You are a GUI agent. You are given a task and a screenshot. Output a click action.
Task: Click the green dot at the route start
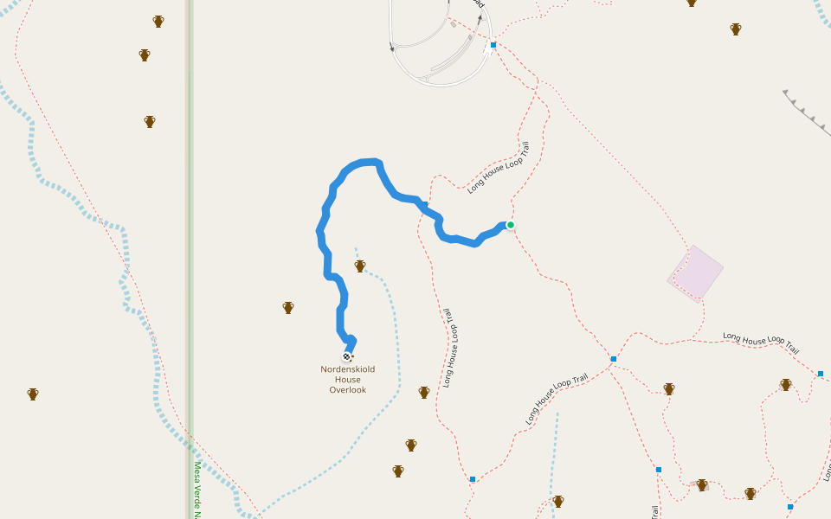tap(511, 225)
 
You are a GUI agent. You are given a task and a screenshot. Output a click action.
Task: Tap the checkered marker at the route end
tap(347, 356)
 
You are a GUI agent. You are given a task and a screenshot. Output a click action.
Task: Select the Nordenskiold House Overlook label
tap(348, 380)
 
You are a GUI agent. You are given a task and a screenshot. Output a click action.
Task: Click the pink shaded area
tap(695, 272)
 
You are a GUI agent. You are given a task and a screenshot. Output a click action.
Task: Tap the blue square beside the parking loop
tap(493, 44)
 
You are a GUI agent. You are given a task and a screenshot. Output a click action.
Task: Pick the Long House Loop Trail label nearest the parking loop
tap(498, 168)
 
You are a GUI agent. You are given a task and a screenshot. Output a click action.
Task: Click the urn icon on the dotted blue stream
tap(360, 266)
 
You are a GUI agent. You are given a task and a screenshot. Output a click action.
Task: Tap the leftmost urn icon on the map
tap(33, 394)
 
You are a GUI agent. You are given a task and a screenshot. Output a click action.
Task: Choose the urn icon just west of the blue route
tap(288, 307)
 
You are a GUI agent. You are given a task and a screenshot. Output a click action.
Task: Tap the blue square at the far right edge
tap(821, 374)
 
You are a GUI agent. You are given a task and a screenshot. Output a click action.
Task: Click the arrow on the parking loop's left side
tap(392, 48)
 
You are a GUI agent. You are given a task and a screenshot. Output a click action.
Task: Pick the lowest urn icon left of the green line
tap(33, 394)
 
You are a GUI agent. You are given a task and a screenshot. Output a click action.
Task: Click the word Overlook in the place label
tap(348, 390)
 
